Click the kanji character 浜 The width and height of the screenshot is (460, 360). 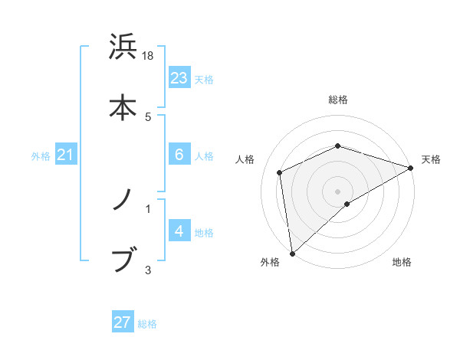click(x=123, y=47)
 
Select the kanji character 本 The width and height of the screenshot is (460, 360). click(x=123, y=106)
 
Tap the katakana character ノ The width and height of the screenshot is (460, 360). click(x=123, y=201)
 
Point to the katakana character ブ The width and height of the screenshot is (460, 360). click(x=124, y=260)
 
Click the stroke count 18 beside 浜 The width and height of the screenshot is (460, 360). click(x=149, y=56)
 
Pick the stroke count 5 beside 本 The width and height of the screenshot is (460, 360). click(x=148, y=116)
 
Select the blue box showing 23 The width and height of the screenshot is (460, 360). click(x=179, y=78)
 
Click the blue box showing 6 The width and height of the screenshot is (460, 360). click(x=179, y=155)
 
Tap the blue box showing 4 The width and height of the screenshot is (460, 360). click(x=179, y=231)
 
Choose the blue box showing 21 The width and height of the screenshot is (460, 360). click(x=66, y=155)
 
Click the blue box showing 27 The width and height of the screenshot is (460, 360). click(x=123, y=322)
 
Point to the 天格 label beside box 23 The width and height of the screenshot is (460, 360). click(x=204, y=80)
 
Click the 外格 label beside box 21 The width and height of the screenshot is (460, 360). click(x=41, y=156)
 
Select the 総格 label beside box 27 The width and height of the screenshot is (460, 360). click(x=147, y=324)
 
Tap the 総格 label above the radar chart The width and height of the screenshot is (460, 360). click(x=338, y=100)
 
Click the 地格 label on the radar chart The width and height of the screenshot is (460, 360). click(x=402, y=263)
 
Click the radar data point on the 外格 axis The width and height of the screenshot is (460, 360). click(x=291, y=253)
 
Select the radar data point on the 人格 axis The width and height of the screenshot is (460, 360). click(x=280, y=172)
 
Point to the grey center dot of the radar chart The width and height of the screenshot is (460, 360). click(x=338, y=191)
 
